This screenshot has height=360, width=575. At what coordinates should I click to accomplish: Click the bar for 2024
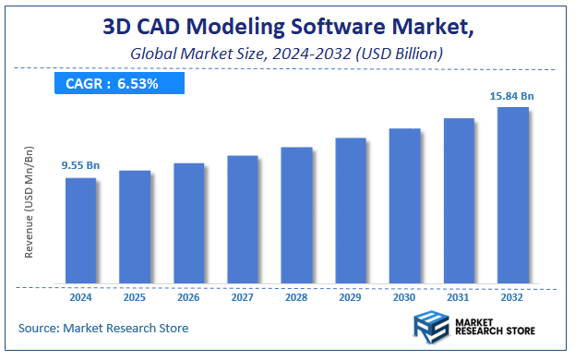point(80,230)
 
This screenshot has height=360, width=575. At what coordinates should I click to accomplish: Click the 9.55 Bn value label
point(80,165)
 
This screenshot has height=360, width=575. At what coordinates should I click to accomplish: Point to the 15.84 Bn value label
point(512,95)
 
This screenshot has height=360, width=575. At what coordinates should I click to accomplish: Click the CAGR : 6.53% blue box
point(119,84)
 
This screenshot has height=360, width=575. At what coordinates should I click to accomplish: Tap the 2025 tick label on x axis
point(135,298)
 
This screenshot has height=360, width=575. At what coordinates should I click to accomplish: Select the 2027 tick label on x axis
point(243,298)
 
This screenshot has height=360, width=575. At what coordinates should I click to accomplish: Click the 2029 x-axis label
point(351,298)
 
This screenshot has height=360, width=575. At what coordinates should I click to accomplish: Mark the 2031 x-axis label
point(459,298)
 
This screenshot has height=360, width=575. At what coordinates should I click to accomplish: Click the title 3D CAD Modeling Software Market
point(287,28)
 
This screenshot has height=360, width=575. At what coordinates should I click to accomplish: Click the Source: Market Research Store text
point(102,328)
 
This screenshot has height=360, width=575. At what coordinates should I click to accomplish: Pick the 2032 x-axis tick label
point(512,298)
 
